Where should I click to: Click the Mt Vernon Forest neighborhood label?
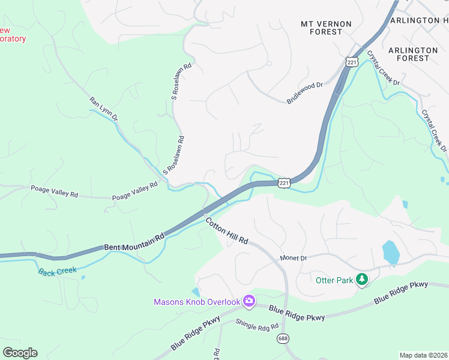point(326,28)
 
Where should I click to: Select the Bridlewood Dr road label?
point(305,93)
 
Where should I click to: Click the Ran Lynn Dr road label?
point(103,109)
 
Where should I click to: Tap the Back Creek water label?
point(58,271)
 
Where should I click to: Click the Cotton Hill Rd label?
point(227,230)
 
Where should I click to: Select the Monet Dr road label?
point(294,258)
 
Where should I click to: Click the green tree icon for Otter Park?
point(361,279)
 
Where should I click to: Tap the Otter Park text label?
point(334,280)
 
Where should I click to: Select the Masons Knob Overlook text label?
point(197,302)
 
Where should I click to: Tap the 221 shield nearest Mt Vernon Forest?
point(352,61)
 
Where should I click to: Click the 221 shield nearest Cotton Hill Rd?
point(285,182)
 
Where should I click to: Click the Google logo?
point(20,352)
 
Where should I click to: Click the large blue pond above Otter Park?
point(390,253)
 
